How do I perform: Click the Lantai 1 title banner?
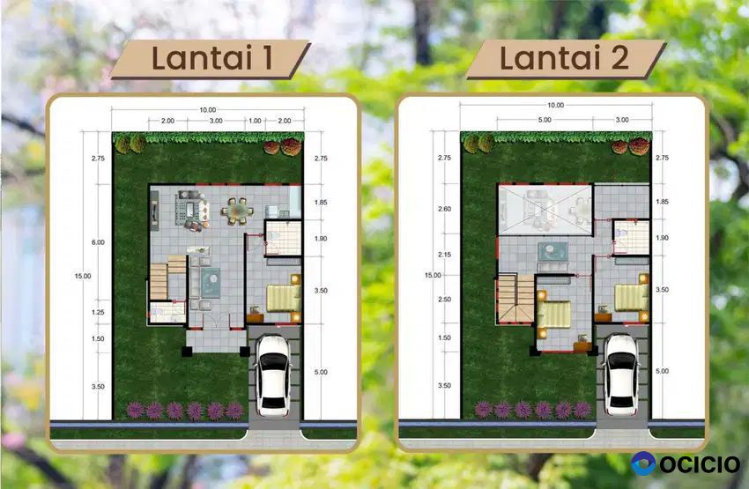pos(211,59)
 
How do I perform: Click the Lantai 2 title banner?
pos(566,59)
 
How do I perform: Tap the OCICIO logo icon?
pos(643,463)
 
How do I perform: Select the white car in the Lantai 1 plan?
pos(273,375)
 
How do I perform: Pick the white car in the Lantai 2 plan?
pos(621,374)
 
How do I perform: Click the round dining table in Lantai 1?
pos(237,211)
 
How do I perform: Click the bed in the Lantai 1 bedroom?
pos(283,298)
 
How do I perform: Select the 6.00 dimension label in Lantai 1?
pos(98,242)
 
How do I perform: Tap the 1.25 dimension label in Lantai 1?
pos(98,312)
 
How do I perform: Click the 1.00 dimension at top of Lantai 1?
pos(255,121)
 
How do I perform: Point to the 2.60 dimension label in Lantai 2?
pos(444,209)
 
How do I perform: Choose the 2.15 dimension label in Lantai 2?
pos(444,255)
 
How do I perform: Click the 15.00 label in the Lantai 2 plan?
pos(433,275)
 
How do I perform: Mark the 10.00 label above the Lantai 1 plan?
pos(208,110)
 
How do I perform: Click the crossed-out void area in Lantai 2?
pos(545,210)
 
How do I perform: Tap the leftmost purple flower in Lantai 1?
pos(135,411)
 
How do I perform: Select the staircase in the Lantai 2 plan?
pos(515,300)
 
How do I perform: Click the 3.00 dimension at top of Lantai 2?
pos(622,120)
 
